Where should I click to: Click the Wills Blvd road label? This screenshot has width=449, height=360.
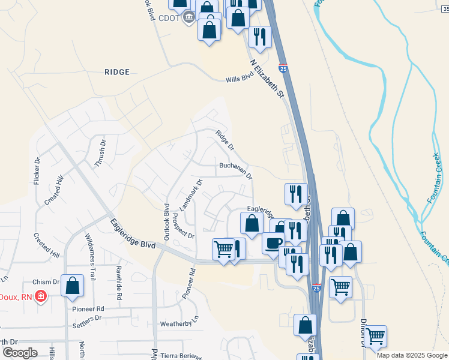click(x=237, y=80)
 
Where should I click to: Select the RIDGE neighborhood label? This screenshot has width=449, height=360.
click(x=117, y=72)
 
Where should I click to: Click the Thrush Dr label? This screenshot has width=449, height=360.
click(x=100, y=156)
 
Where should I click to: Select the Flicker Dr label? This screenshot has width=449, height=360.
click(x=37, y=171)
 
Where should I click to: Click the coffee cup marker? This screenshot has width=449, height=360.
click(x=273, y=242)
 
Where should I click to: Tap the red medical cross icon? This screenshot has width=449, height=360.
click(x=41, y=296)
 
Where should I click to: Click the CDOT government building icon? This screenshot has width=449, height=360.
click(x=188, y=17)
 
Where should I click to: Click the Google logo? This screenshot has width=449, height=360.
click(x=20, y=353)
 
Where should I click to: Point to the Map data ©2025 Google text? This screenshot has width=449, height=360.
click(x=412, y=355)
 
